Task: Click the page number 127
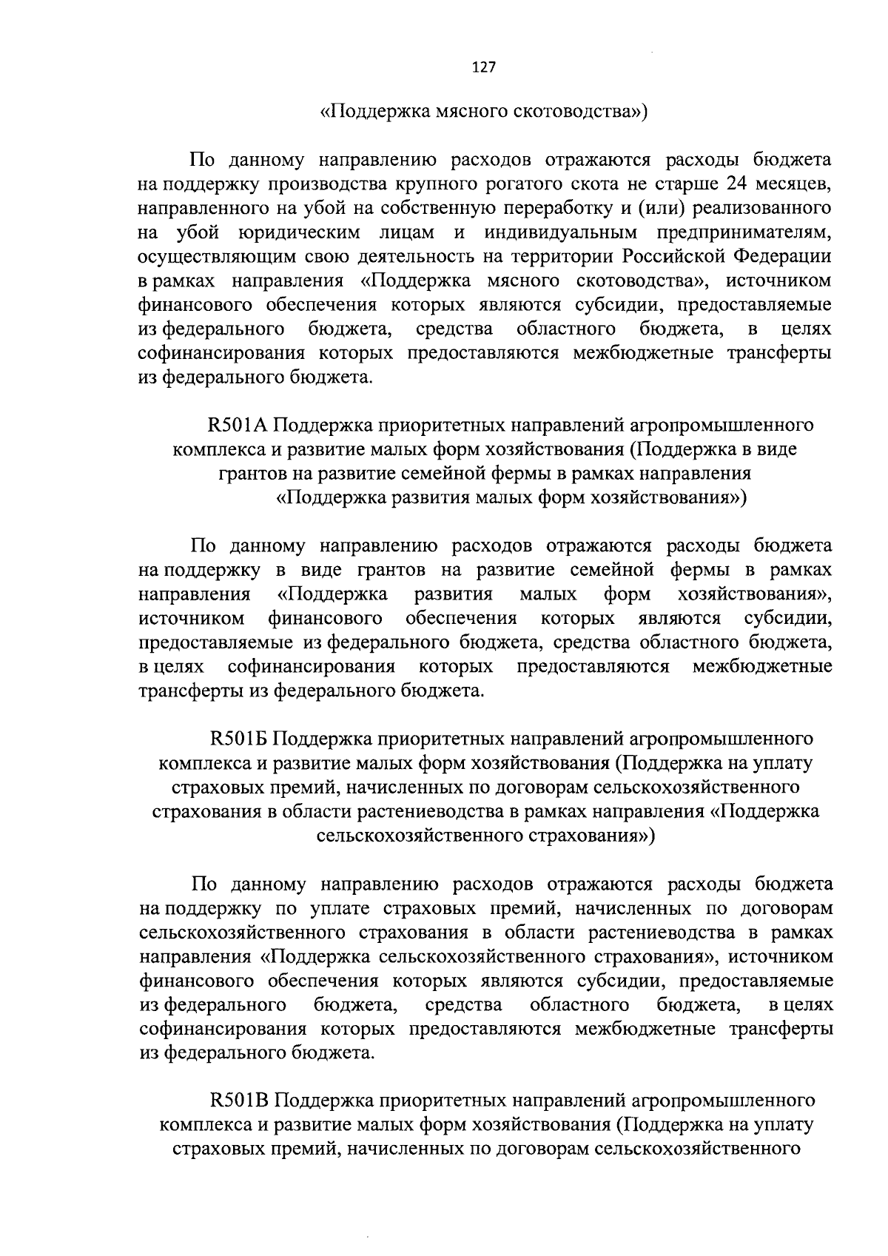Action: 482,67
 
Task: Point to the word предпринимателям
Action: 744,232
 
